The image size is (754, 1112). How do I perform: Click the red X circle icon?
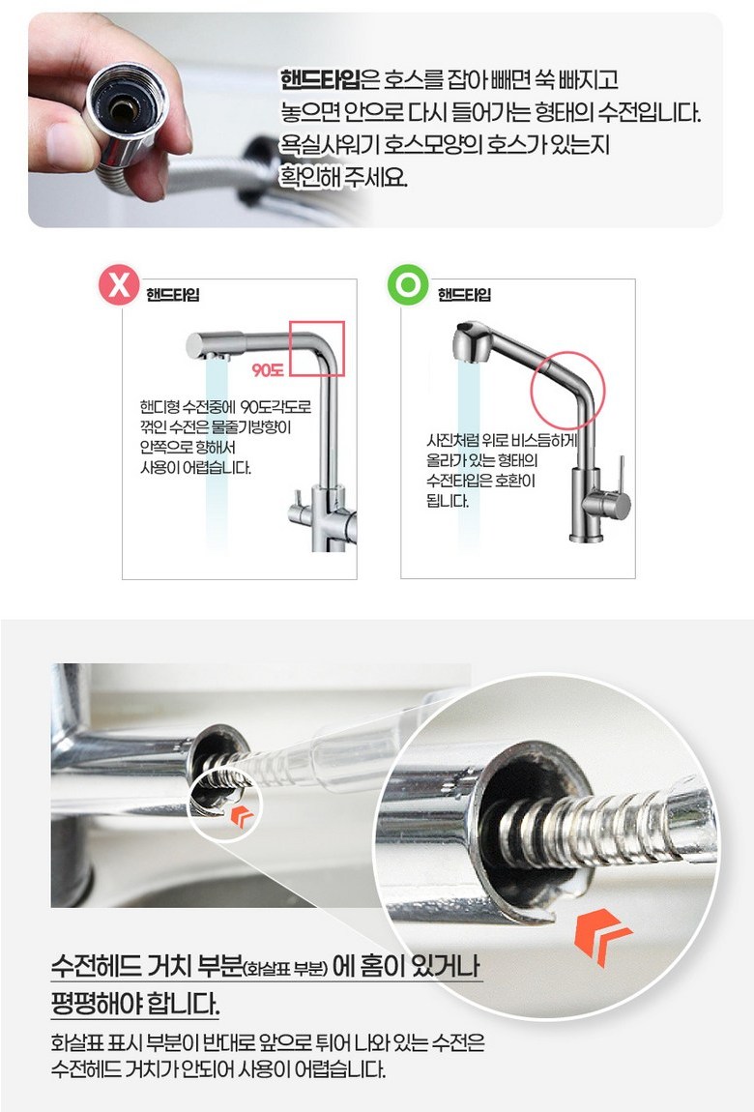[118, 285]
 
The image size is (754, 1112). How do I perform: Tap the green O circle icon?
[408, 285]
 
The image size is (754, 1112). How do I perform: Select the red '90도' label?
[268, 369]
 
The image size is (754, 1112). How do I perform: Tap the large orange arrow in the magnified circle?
[601, 936]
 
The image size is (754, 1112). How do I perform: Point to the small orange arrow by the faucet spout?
[242, 817]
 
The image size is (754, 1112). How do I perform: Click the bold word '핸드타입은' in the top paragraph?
[320, 79]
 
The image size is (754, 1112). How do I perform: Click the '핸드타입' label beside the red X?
[173, 294]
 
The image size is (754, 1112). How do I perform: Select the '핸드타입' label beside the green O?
[464, 294]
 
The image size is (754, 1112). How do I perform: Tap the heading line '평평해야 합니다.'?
[135, 1004]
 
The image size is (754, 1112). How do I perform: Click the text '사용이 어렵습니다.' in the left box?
[195, 468]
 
